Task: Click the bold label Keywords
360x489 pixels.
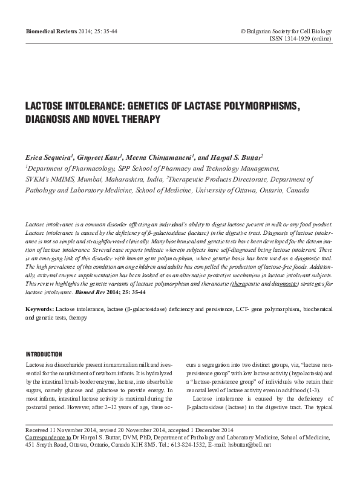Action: coord(39,309)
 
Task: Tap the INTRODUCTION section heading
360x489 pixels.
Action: coord(44,354)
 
